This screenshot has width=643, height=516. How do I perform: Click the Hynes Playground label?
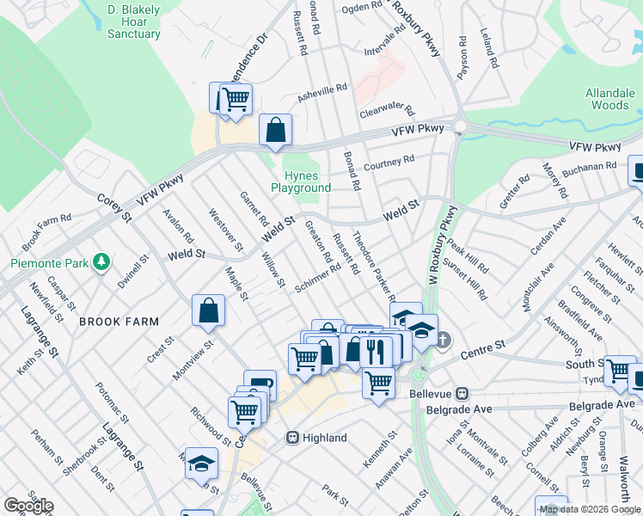(301, 181)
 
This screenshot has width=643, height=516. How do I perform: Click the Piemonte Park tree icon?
(102, 261)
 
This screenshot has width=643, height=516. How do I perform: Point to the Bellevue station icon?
(462, 393)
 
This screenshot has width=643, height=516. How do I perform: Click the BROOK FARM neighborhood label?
(119, 322)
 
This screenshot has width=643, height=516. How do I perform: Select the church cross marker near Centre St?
(443, 341)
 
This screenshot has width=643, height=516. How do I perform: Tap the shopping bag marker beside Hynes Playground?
(275, 132)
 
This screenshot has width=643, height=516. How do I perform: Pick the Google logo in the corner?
(28, 506)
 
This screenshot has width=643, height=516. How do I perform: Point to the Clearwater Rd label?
(387, 113)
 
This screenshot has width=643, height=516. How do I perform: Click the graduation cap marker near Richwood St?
(201, 464)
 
